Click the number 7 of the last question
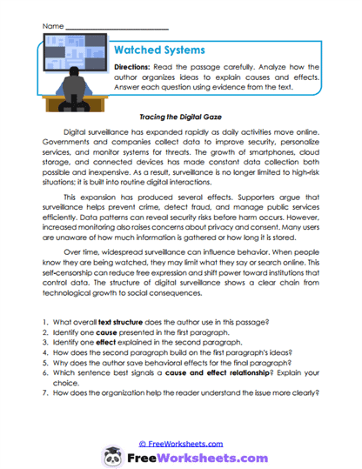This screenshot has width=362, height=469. pyautogui.click(x=43, y=406)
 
